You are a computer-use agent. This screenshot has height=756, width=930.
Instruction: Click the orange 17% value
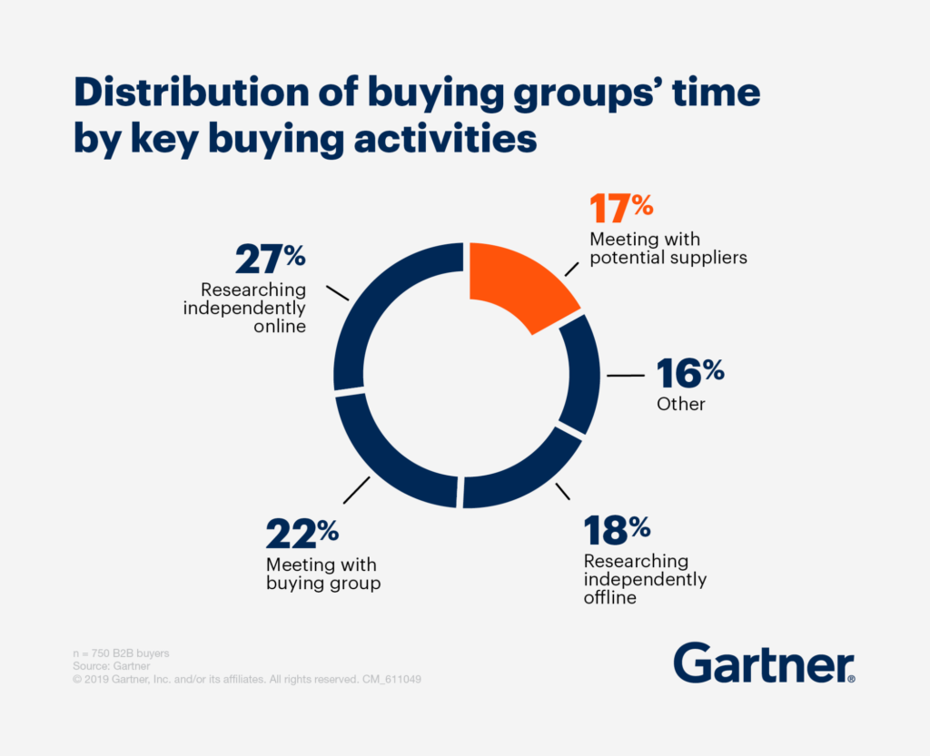(621, 209)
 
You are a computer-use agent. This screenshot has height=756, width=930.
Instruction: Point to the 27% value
(271, 259)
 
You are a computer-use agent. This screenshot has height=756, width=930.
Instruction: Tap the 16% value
(690, 373)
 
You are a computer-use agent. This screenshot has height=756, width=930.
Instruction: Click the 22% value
(302, 534)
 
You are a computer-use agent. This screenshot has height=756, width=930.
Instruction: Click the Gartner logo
(763, 664)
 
